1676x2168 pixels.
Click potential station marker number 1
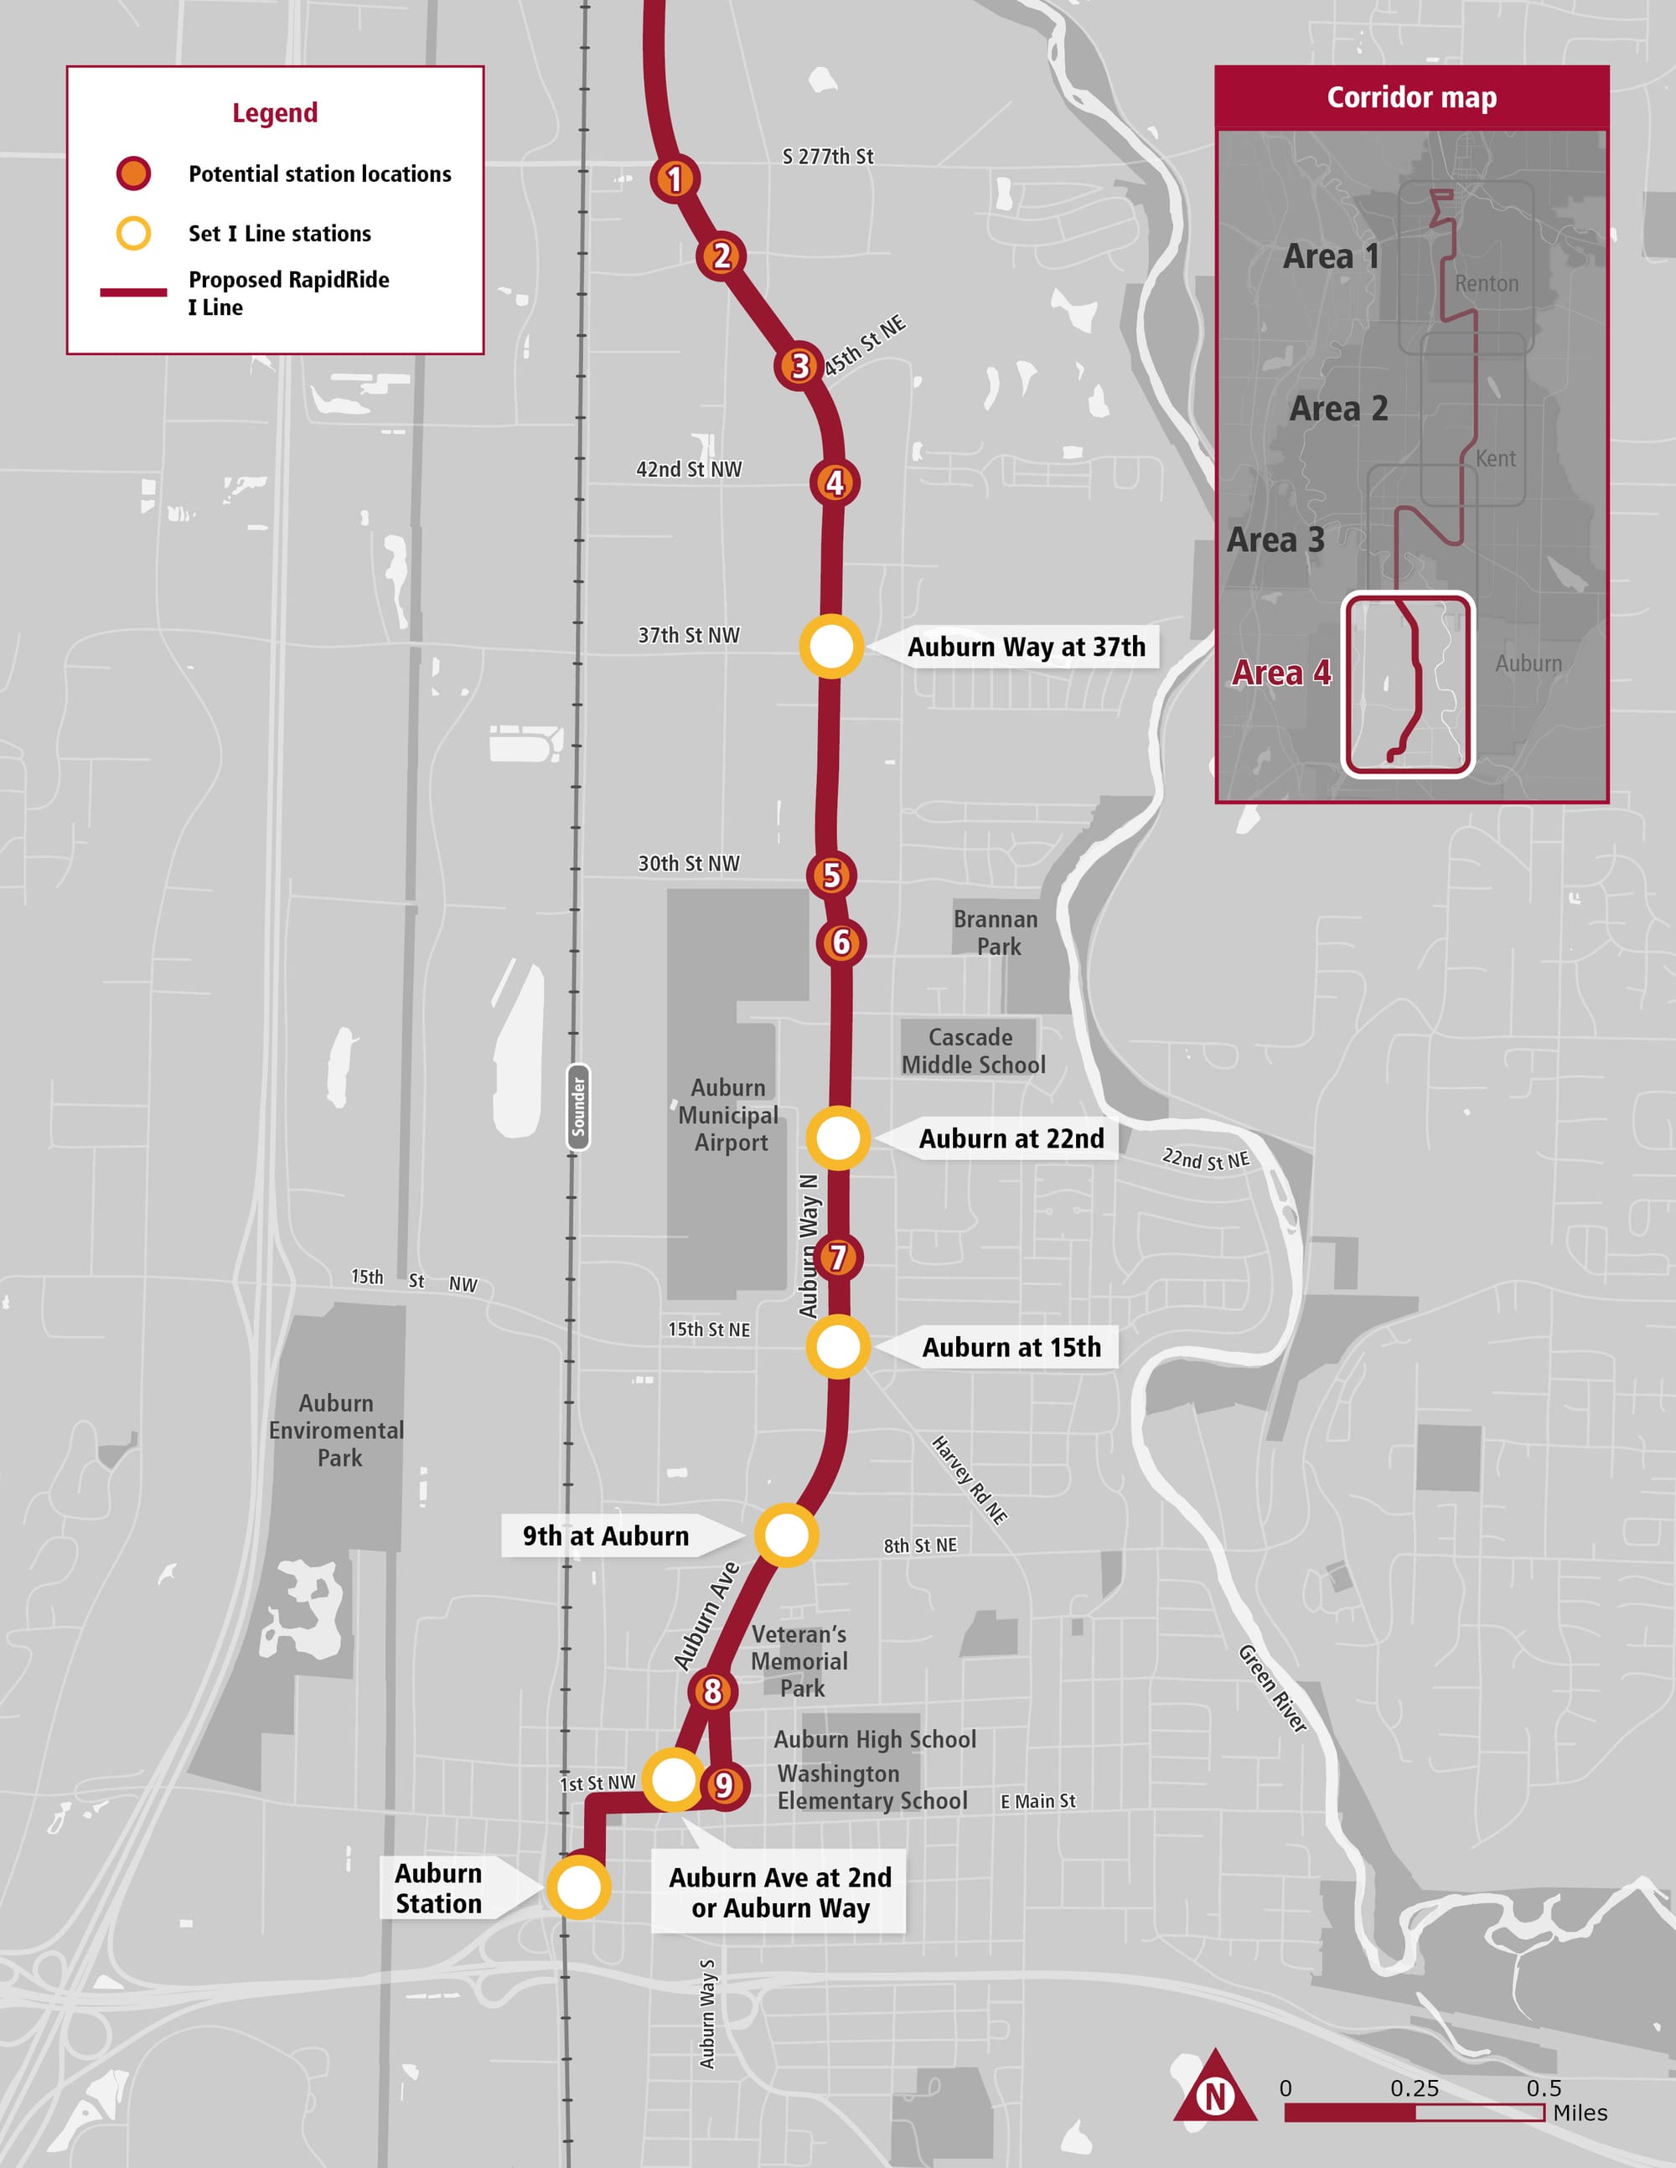[675, 178]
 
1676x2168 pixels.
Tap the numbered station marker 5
[832, 875]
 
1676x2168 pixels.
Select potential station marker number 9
[724, 1785]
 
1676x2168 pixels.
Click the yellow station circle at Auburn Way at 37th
[831, 646]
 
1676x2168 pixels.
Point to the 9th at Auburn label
[606, 1536]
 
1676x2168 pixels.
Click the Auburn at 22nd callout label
[1011, 1138]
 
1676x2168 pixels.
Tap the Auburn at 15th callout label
[1011, 1347]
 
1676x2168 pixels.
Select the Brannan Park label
[996, 932]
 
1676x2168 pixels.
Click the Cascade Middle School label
[973, 1050]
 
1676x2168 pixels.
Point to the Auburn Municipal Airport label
[729, 1115]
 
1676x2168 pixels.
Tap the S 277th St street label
[827, 156]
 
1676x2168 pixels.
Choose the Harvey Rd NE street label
[969, 1479]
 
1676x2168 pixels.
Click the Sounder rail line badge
[578, 1107]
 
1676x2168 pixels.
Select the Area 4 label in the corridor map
[1280, 673]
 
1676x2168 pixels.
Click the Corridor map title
[1411, 97]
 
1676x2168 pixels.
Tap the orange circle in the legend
[133, 173]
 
